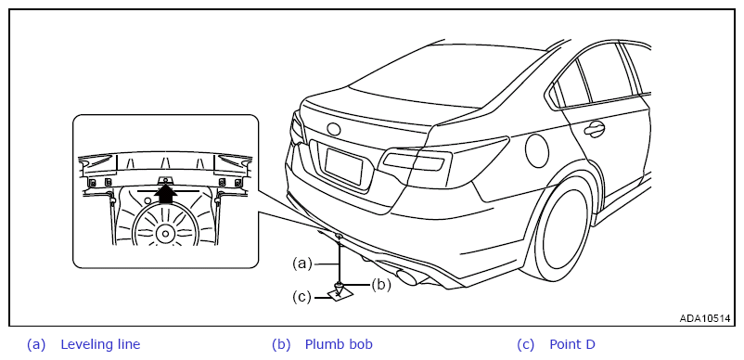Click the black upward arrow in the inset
[x=165, y=193]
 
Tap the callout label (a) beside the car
[x=301, y=263]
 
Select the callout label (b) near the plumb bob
[x=380, y=286]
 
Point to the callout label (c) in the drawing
[x=301, y=298]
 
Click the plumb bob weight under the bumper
[x=340, y=288]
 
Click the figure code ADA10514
[x=705, y=318]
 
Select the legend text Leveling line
[x=100, y=344]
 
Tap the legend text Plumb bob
[x=339, y=344]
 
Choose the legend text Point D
[x=572, y=344]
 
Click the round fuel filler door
[x=537, y=151]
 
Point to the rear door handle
[x=594, y=128]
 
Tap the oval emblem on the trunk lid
[x=334, y=129]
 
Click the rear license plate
[x=344, y=166]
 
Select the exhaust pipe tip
[x=406, y=277]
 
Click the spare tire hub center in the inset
[x=165, y=234]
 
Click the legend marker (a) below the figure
[x=36, y=344]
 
